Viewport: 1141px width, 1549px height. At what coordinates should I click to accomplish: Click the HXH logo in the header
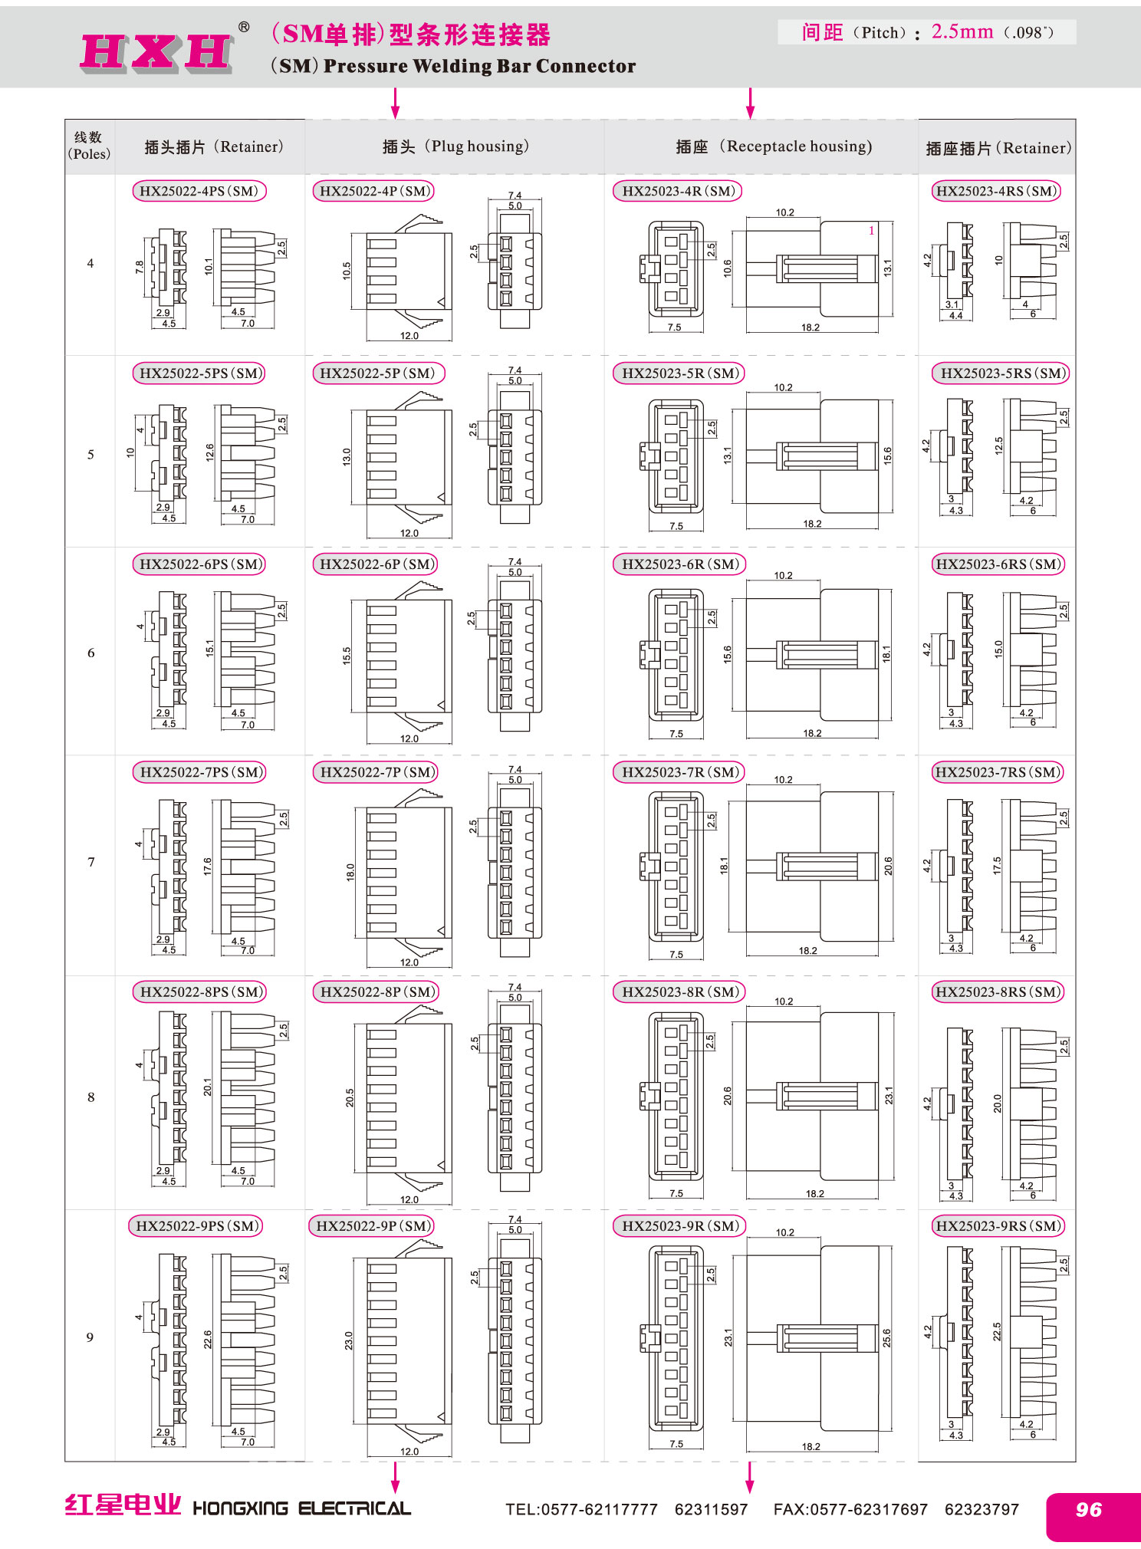(157, 52)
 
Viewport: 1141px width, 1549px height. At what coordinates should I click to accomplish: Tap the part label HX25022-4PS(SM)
(199, 191)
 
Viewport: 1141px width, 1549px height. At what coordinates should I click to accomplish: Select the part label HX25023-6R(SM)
(679, 564)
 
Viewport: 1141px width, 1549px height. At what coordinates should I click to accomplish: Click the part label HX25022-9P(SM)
(372, 1225)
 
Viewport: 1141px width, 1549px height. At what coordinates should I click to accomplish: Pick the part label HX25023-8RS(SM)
(998, 992)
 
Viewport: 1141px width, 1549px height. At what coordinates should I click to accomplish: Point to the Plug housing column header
(455, 146)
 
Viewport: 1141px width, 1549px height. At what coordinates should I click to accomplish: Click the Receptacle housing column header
(774, 146)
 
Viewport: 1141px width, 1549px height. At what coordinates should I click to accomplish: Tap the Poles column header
(89, 146)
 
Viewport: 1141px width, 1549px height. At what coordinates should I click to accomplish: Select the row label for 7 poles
(91, 862)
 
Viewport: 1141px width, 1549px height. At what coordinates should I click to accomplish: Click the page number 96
(1089, 1509)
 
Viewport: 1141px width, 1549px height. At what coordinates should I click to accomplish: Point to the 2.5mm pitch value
(962, 31)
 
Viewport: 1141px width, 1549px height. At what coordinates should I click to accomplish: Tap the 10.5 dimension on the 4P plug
(347, 271)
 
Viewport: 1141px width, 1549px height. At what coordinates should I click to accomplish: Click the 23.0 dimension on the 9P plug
(349, 1340)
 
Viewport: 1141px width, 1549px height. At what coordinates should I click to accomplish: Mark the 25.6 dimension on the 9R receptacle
(887, 1337)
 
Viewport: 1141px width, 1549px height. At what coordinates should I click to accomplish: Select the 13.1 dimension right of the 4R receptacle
(888, 268)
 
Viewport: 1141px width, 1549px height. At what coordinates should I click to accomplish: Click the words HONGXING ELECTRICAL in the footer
(301, 1508)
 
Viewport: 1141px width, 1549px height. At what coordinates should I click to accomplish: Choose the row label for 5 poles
(90, 455)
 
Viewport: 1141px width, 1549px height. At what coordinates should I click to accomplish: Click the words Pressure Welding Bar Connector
(479, 66)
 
